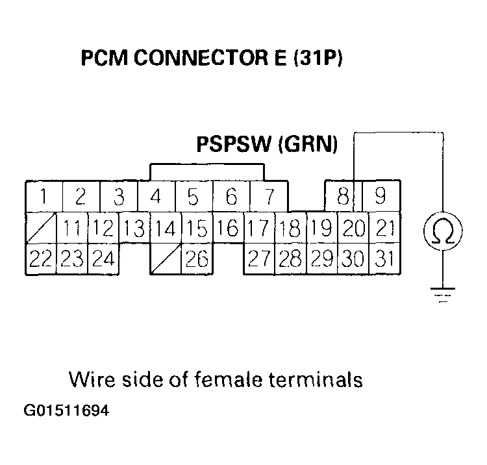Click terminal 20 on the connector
pos(353,227)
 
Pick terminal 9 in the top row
pos(382,195)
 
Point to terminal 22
pos(41,258)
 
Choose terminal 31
pos(384,258)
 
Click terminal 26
pos(197,258)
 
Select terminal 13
pos(134,227)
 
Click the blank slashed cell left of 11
pos(41,227)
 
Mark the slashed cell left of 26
pos(166,258)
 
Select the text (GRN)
pos(307,144)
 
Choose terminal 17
pos(259,227)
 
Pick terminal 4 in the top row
pos(155,195)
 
